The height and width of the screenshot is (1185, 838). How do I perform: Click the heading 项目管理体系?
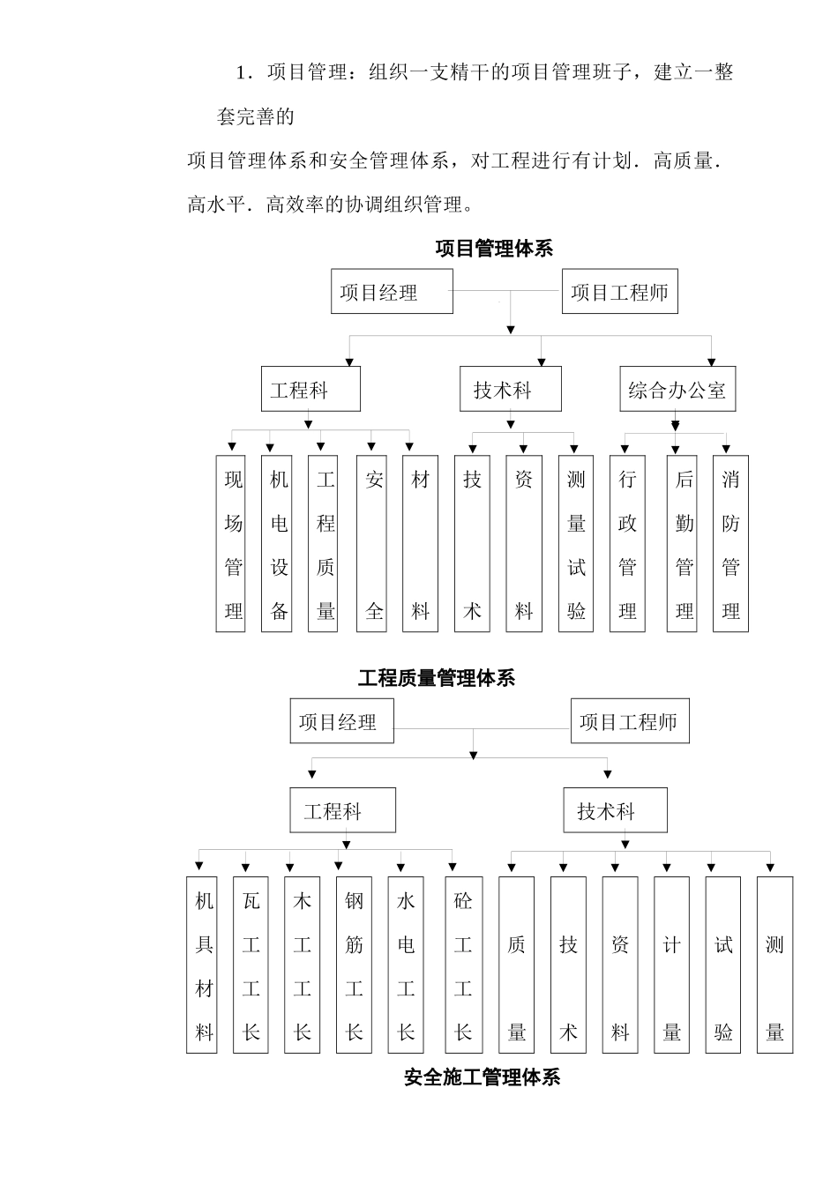(x=494, y=249)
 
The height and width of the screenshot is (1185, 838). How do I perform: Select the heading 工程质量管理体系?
(x=437, y=678)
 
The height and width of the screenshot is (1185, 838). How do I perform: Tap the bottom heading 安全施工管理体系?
(x=483, y=1077)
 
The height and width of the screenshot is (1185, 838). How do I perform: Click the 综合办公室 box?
(x=677, y=390)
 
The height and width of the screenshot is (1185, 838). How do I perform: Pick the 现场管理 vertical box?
(x=233, y=543)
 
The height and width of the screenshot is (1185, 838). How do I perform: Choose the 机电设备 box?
(x=279, y=543)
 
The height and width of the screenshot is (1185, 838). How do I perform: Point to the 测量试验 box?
(x=576, y=543)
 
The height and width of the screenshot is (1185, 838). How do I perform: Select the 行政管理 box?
(x=627, y=543)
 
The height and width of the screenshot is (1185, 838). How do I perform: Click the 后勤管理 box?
(x=685, y=543)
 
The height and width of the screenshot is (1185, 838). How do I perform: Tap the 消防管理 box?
(x=730, y=543)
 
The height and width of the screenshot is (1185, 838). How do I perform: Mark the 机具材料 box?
(x=204, y=965)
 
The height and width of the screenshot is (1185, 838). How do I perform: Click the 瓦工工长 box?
(x=251, y=965)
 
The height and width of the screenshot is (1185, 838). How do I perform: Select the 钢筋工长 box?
(x=354, y=965)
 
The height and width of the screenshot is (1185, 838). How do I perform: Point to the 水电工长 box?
(x=405, y=965)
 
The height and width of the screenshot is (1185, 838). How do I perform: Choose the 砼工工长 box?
(x=462, y=965)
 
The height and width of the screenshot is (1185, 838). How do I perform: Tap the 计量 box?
(x=671, y=965)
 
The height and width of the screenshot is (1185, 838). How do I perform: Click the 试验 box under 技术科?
(x=723, y=965)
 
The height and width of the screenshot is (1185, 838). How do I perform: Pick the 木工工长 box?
(x=302, y=965)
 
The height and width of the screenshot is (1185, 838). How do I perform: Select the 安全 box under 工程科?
(x=374, y=543)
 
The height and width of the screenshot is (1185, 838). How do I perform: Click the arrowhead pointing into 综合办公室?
(x=711, y=361)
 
